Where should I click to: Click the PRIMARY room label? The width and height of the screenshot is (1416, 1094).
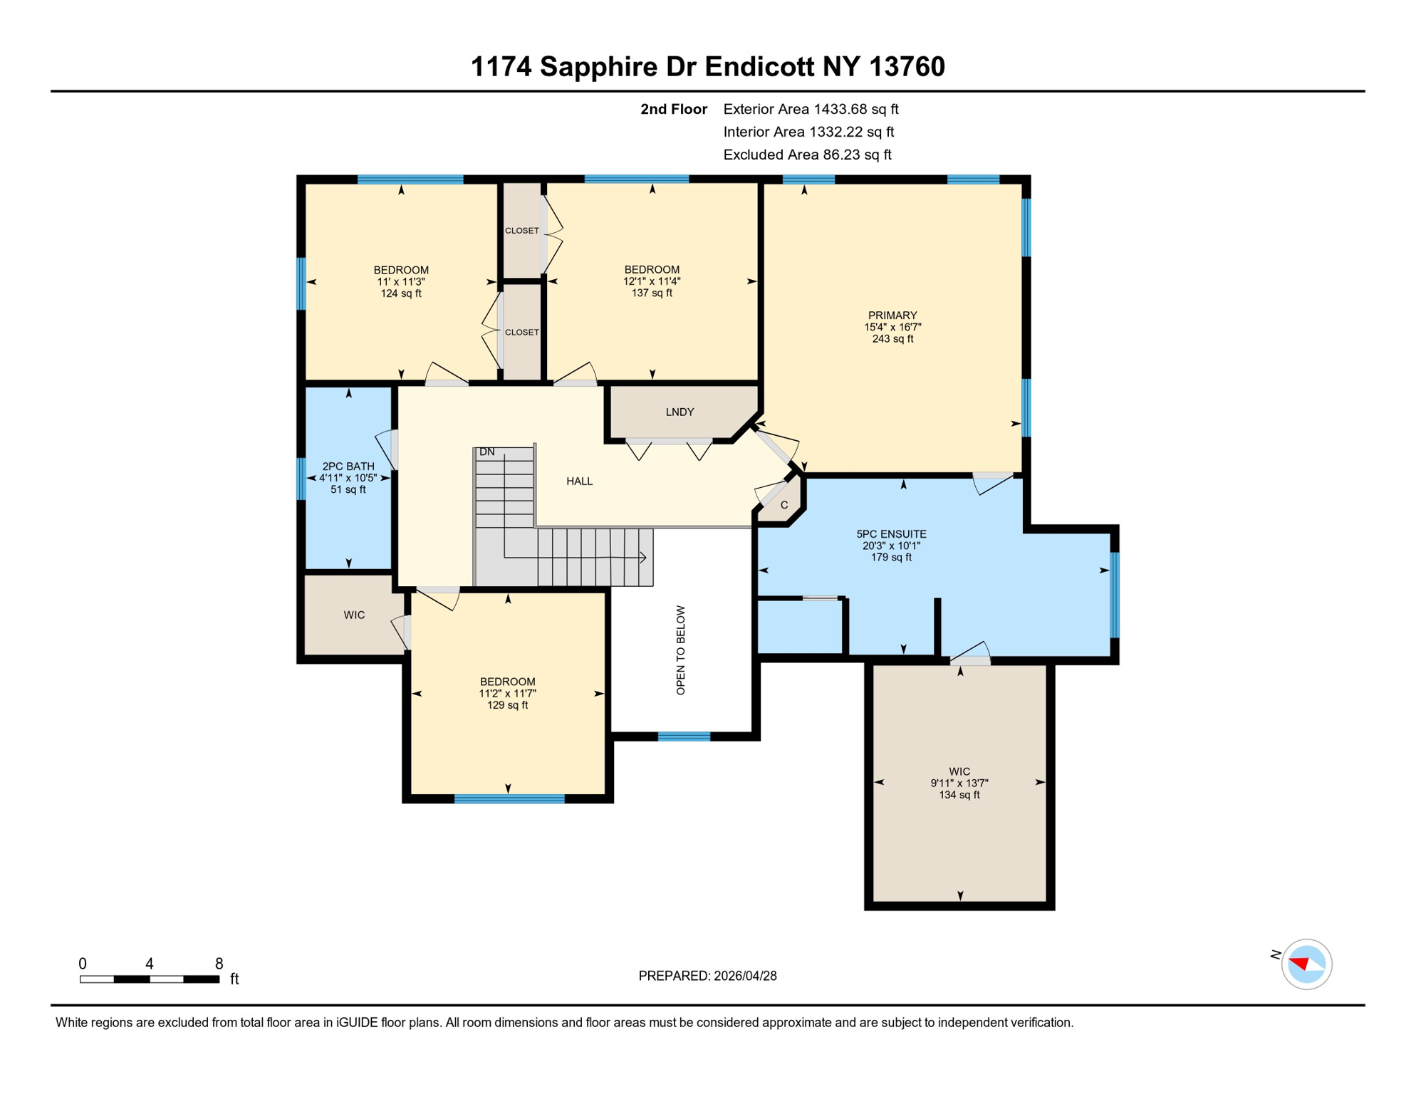892,316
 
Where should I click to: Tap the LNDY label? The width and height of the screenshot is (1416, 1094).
680,412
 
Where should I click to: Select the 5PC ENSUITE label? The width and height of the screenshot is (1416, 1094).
891,534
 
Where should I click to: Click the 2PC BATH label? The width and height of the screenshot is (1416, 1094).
348,467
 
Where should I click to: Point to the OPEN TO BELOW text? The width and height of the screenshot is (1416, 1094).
681,650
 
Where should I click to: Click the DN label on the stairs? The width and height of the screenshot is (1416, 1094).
487,452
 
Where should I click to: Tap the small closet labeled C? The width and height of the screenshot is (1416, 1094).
784,506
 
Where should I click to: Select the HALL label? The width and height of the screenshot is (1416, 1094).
579,481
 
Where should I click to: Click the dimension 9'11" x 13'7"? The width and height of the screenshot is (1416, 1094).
959,783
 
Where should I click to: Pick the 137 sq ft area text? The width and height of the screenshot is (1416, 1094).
652,293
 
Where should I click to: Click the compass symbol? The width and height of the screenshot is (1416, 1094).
1306,964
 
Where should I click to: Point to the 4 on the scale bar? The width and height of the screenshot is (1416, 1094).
150,964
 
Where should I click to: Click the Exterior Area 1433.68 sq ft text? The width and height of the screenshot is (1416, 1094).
811,110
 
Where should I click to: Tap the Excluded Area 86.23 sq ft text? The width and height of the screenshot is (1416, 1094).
807,155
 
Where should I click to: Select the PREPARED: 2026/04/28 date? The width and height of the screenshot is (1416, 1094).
707,976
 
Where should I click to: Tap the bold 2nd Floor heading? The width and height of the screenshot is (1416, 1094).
673,110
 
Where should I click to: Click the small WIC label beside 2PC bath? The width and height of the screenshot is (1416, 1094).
354,615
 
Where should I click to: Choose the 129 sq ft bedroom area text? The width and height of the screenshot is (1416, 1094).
507,706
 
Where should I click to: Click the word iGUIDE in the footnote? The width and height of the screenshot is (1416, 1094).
357,1023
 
